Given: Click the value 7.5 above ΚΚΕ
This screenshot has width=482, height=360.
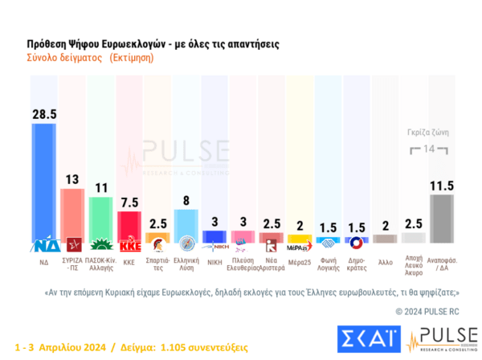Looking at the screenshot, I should [x=129, y=202].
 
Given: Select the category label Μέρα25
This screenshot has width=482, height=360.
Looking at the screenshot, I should [x=299, y=261].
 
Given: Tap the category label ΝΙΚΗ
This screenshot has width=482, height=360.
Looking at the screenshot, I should [x=214, y=261].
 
